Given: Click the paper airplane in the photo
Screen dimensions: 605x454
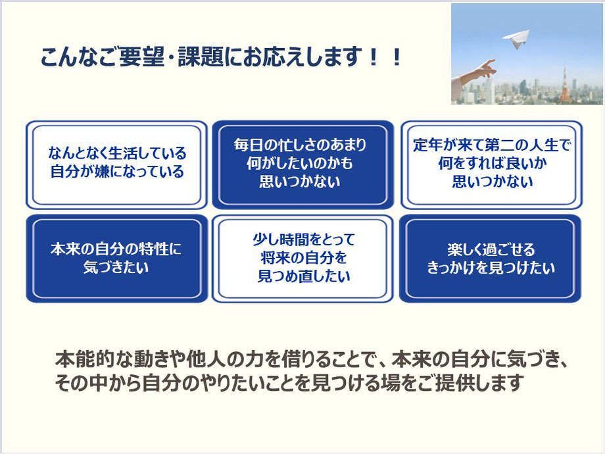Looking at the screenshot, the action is (x=516, y=39).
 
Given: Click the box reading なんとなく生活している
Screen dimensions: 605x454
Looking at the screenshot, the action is (x=117, y=165).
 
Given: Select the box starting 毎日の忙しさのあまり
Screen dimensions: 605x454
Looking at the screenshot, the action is (x=303, y=165).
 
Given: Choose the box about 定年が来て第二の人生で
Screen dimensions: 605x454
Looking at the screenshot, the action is (x=491, y=165).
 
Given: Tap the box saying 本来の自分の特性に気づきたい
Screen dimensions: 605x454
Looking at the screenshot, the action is (x=117, y=259).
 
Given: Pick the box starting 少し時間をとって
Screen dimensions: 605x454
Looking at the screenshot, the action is (x=303, y=259).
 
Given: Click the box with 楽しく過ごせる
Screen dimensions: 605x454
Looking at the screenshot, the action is (x=491, y=259).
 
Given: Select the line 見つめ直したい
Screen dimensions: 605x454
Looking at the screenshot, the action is (x=304, y=276).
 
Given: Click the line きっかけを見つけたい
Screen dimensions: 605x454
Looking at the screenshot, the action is (x=491, y=268).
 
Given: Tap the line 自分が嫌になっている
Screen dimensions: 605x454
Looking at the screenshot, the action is (x=117, y=172).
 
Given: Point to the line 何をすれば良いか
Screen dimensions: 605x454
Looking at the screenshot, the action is (x=493, y=163).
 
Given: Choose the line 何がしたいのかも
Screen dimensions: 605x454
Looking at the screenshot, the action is (x=300, y=163).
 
